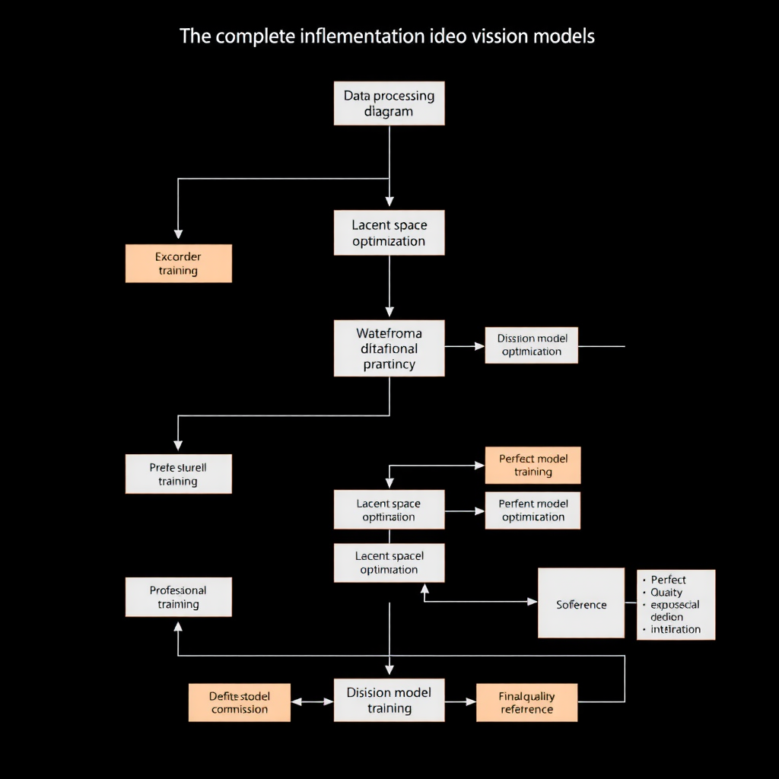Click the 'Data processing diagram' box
tap(389, 104)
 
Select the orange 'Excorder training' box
tap(178, 263)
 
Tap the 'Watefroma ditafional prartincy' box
tap(389, 348)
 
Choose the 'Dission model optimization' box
tap(531, 345)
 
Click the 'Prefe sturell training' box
tap(178, 474)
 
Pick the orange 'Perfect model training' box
tap(533, 465)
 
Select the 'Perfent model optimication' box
tap(533, 510)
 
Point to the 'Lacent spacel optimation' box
tap(389, 563)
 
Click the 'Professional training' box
tap(178, 597)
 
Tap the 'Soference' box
tap(581, 603)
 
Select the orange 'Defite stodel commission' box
tap(240, 702)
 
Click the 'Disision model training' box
tap(389, 701)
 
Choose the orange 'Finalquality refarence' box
tap(526, 702)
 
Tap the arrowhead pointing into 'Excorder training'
tap(178, 234)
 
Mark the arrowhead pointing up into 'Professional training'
tap(178, 627)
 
